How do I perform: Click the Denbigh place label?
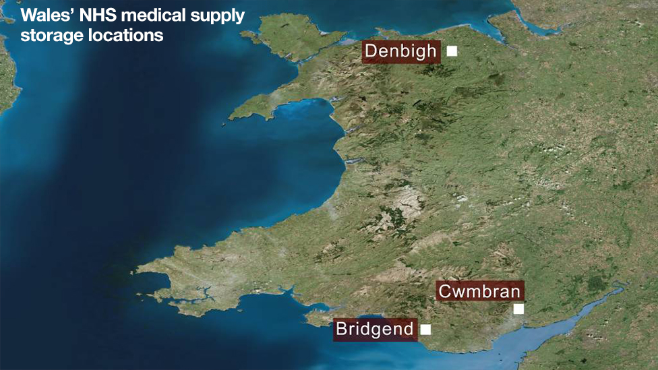click(401, 51)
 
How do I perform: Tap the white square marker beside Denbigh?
click(452, 51)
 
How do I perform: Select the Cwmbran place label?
click(479, 291)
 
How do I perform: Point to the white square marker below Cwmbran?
click(518, 309)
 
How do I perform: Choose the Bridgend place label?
click(375, 330)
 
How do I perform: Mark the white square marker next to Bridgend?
click(425, 330)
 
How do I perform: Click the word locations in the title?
click(126, 35)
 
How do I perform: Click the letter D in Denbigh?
click(371, 51)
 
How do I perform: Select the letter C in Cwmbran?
click(445, 291)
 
